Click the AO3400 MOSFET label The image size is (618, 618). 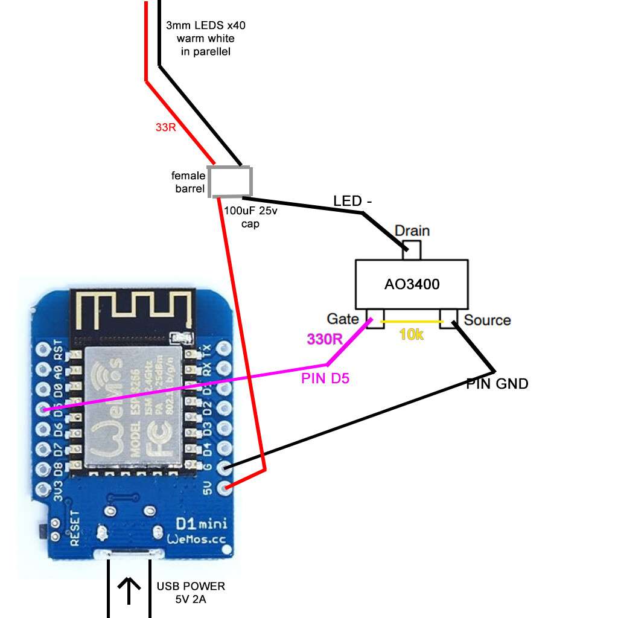click(412, 284)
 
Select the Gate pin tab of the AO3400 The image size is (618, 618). click(375, 319)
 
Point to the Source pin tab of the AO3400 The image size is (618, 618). click(449, 319)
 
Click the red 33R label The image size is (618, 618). click(165, 127)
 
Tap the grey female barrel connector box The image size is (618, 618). click(229, 181)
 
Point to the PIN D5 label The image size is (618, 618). click(325, 379)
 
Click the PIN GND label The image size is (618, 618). click(497, 383)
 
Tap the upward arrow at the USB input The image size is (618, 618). click(128, 590)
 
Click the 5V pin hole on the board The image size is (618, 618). click(225, 488)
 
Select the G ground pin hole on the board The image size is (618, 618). click(225, 468)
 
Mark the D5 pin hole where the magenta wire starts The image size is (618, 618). click(43, 409)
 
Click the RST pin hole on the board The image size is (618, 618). click(43, 349)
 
